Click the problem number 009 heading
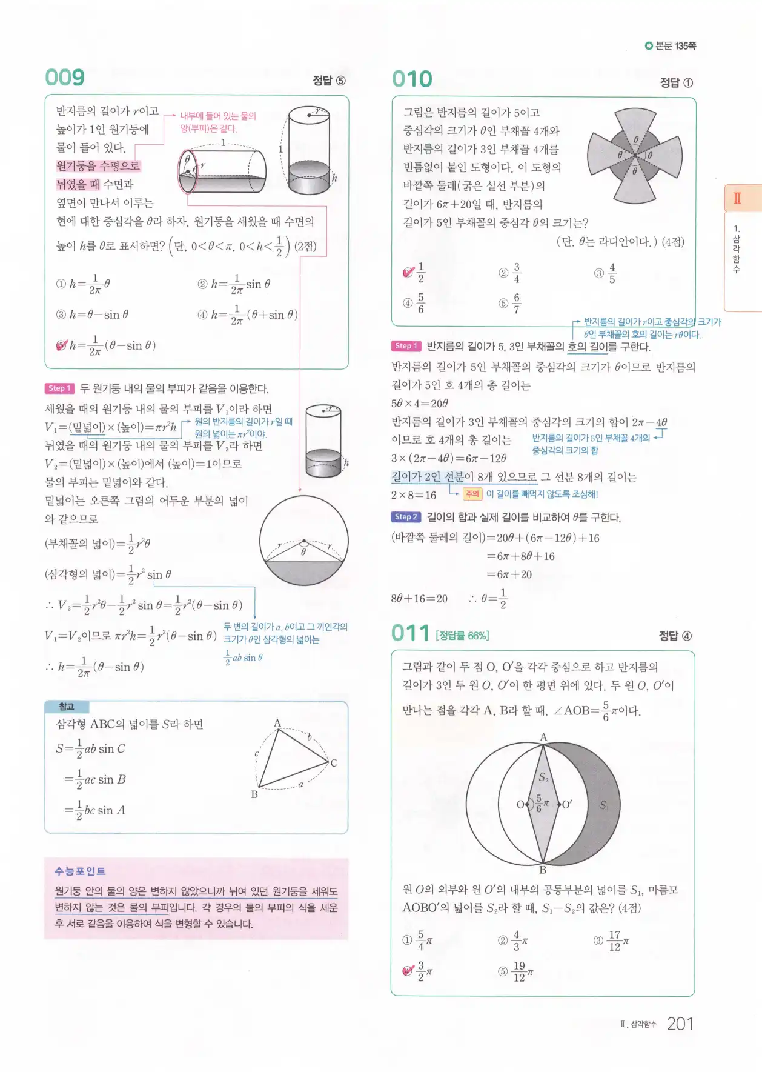65,78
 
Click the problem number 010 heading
412,79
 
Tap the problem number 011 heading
411,633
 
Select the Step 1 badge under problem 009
59,388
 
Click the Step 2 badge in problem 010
406,517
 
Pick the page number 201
680,1024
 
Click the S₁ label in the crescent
604,805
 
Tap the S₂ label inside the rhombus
543,777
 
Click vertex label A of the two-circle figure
543,737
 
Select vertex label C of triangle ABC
334,763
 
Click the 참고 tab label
67,707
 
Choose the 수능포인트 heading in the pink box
80,871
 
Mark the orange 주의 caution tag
472,494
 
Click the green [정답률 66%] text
462,635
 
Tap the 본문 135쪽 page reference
671,46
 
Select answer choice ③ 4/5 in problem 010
606,273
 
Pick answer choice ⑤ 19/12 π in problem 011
515,971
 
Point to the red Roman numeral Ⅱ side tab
737,198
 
